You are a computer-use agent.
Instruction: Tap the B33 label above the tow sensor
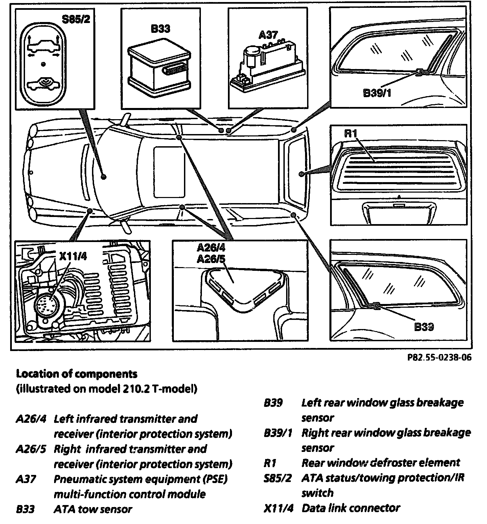coord(160,29)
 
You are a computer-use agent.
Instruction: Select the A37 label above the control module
coord(268,35)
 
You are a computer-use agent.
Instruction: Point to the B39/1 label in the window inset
coord(377,93)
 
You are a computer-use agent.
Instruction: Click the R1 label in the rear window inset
coord(351,133)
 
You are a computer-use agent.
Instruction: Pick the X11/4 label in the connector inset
coord(73,256)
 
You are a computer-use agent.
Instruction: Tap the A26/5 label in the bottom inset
coord(211,259)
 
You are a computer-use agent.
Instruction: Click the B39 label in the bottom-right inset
coord(424,327)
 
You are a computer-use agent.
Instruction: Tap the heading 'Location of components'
coord(77,374)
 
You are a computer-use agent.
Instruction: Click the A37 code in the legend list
coord(26,479)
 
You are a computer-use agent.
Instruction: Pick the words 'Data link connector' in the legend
coord(351,508)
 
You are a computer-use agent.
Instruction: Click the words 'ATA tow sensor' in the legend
coord(93,509)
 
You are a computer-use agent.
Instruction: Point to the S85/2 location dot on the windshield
coord(104,176)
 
